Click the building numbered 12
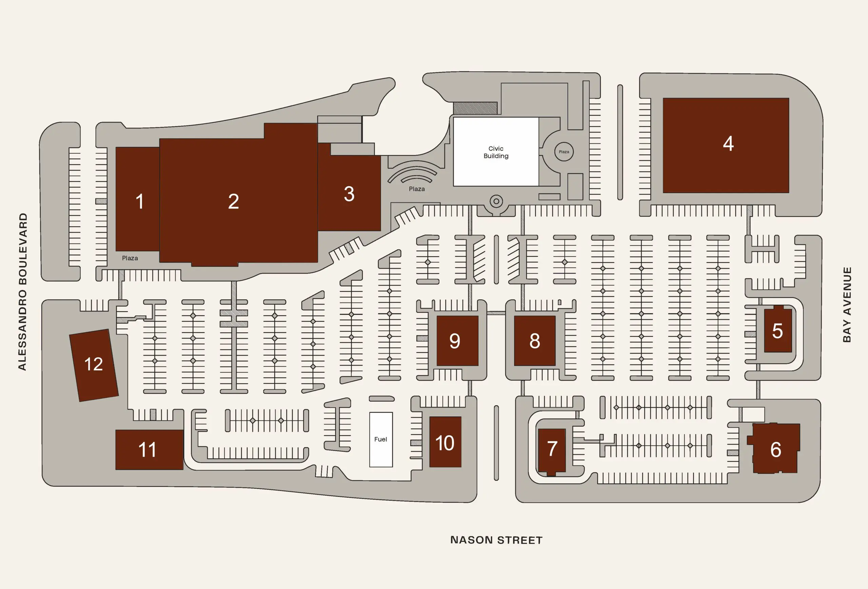[94, 365]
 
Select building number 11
[148, 449]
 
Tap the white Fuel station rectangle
[380, 439]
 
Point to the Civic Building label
[496, 152]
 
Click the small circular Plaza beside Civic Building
[564, 152]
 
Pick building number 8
[534, 341]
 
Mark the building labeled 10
[445, 442]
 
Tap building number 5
[777, 330]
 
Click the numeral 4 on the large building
[728, 143]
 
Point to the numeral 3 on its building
[349, 194]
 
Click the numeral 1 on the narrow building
[139, 201]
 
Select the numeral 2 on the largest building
[233, 201]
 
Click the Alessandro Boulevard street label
[23, 292]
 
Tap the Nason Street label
[496, 540]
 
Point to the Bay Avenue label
[847, 305]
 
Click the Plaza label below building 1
[130, 258]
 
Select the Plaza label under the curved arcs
[416, 189]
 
